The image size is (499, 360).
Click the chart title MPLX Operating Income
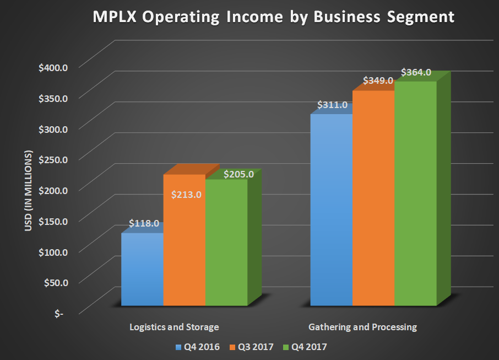(273, 17)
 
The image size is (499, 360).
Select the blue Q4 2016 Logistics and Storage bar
(142, 270)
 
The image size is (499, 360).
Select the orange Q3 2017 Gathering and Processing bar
(373, 198)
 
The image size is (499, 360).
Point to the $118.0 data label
(144, 224)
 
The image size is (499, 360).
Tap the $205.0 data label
(238, 174)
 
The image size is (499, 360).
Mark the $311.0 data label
(332, 105)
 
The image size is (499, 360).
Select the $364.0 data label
(416, 72)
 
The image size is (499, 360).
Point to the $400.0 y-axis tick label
(53, 67)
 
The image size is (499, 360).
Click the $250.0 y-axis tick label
(53, 160)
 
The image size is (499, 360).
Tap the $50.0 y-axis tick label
(55, 282)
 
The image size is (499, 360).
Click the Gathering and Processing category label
(362, 327)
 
